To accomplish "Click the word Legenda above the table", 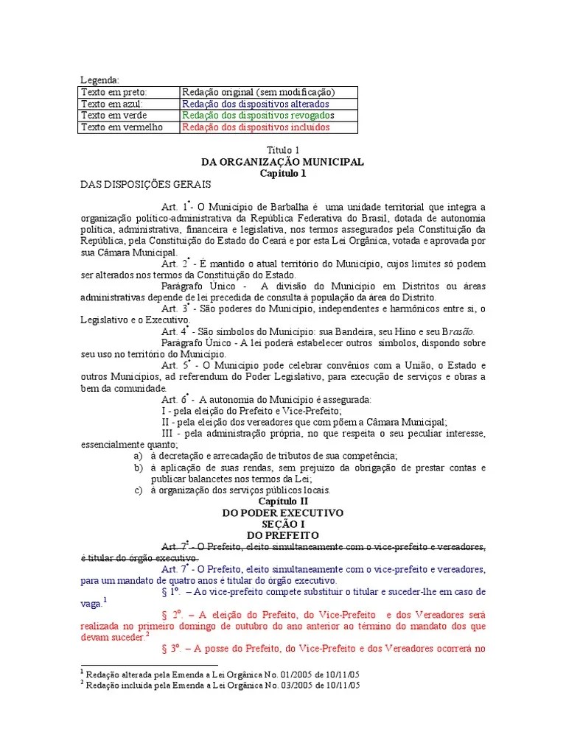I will click(x=99, y=80).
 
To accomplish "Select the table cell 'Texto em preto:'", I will click(x=114, y=92).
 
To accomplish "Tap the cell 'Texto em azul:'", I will click(x=111, y=104).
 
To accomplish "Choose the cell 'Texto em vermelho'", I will click(x=117, y=127).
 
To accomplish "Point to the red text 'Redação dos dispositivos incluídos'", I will click(x=256, y=127).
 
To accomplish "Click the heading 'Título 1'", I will click(x=282, y=150).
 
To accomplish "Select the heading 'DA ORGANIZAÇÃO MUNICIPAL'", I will click(x=282, y=162).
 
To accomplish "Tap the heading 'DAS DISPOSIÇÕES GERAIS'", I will click(x=146, y=184).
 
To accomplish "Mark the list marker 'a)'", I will click(x=138, y=457).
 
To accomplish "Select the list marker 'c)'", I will click(x=138, y=490).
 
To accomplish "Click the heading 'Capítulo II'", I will click(x=282, y=501).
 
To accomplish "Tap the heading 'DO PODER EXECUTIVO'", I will click(x=282, y=512).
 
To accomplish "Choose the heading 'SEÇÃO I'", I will click(x=282, y=524).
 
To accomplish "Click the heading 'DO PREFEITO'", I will click(x=282, y=535).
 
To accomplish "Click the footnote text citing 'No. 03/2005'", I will click(x=222, y=685).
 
